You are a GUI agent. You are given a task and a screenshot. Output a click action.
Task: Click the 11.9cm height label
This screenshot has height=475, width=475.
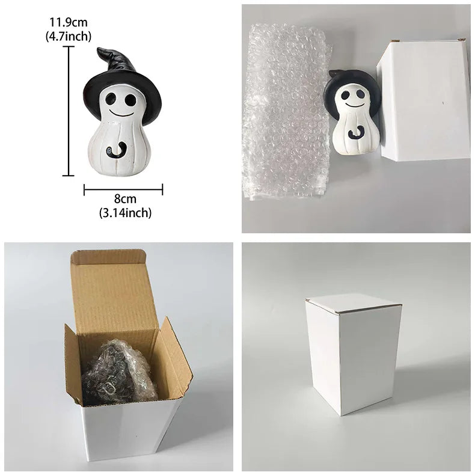tap(69, 22)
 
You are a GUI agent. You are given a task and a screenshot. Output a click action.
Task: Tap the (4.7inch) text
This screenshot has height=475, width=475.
tap(69, 36)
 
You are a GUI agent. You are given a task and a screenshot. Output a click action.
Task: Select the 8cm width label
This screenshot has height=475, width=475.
tap(125, 199)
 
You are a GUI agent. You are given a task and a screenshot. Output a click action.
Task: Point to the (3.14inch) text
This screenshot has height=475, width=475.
tap(125, 213)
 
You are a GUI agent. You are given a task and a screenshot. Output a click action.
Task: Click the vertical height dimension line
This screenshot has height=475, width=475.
tap(69, 111)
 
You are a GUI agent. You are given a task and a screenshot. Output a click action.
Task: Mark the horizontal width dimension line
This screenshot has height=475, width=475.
tap(123, 189)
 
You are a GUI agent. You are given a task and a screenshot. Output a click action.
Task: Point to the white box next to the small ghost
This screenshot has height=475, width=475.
tap(423, 100)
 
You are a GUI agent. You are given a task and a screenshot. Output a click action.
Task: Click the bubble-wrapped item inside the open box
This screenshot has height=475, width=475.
tap(119, 373)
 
